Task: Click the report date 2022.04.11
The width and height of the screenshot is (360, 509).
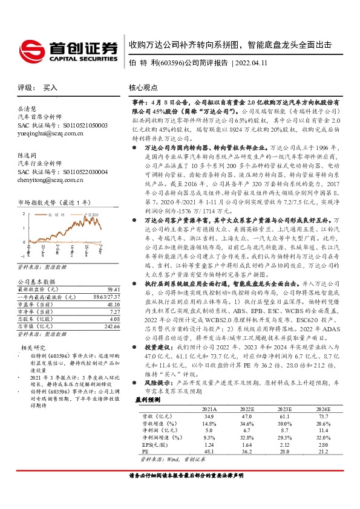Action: click(250, 62)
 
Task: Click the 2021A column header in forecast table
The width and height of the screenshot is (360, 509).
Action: click(208, 409)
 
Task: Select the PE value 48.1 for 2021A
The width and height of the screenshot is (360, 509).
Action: click(208, 450)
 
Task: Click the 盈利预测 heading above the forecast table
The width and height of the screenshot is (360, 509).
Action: click(148, 400)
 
